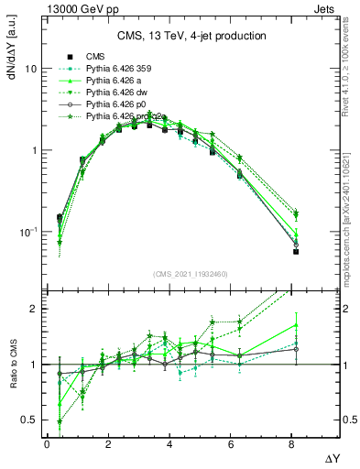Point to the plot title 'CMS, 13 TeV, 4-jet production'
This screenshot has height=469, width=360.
(x=191, y=37)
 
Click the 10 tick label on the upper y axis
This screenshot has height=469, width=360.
(x=31, y=70)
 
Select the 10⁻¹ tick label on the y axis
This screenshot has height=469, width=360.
(x=28, y=232)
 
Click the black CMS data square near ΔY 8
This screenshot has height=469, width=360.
(x=296, y=252)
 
